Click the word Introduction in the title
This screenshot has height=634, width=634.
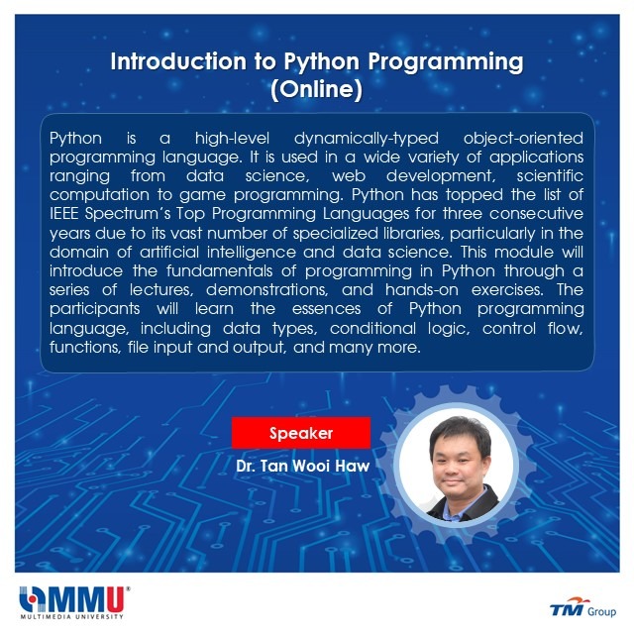point(178,61)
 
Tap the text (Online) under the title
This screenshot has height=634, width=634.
point(317,89)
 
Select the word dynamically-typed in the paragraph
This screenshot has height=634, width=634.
point(367,139)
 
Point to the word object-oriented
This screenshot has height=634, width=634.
point(523,139)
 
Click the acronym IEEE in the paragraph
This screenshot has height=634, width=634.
point(63,214)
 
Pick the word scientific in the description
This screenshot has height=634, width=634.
point(550,175)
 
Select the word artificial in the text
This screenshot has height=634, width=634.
point(169,252)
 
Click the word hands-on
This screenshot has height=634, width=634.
point(422,289)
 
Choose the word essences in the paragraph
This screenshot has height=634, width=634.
point(326,309)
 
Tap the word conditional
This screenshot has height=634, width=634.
point(372,328)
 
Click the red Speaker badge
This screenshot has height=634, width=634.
point(301,433)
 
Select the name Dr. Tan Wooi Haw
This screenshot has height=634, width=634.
point(303,466)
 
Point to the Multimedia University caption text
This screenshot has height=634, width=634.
point(72,616)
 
